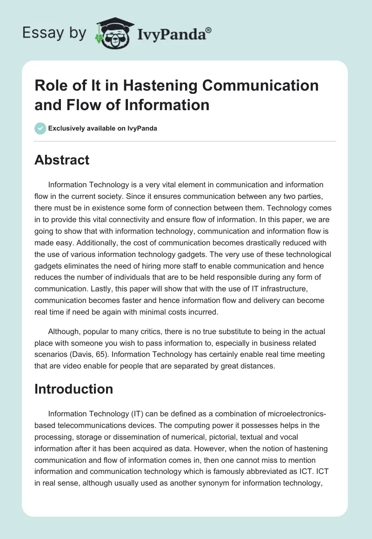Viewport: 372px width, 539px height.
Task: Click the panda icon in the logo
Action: pyautogui.click(x=110, y=33)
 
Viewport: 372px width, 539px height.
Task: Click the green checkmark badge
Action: pyautogui.click(x=40, y=128)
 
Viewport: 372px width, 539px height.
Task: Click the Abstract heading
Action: pyautogui.click(x=62, y=160)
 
